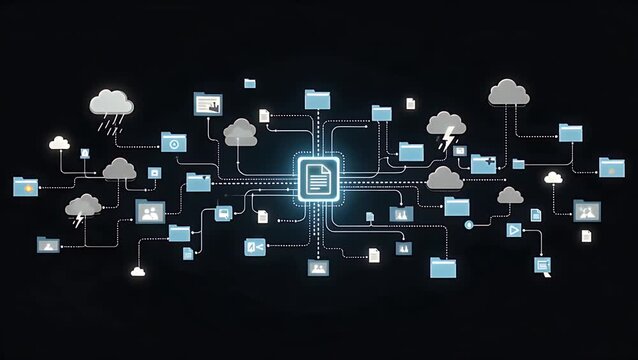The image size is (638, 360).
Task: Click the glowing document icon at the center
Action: [x=317, y=180]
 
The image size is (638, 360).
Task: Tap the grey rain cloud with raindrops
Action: [x=111, y=104]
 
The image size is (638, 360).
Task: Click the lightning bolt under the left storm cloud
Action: [x=79, y=219]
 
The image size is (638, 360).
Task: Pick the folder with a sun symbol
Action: [x=26, y=186]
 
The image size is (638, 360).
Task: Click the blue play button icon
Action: [x=514, y=230]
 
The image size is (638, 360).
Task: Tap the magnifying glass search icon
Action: [x=543, y=266]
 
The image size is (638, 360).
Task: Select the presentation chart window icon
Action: [x=207, y=102]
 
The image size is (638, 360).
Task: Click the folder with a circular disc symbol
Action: [x=174, y=143]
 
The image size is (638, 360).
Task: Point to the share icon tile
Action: [x=255, y=247]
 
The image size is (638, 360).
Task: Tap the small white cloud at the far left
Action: [x=60, y=143]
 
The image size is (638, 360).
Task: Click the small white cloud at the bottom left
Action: [x=137, y=270]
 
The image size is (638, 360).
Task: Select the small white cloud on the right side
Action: [x=553, y=177]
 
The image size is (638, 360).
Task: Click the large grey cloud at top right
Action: [x=508, y=93]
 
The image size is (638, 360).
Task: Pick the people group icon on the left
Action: [x=150, y=212]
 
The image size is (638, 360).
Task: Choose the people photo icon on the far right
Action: [x=587, y=211]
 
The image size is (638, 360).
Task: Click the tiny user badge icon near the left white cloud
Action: [x=85, y=153]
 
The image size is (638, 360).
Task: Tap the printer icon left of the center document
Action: [x=224, y=212]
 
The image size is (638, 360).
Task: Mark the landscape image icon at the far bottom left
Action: [x=47, y=244]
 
